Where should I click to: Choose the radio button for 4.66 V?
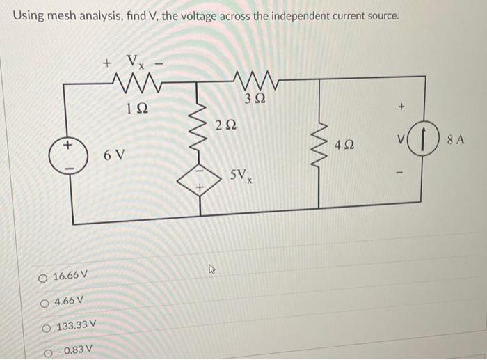[46, 301]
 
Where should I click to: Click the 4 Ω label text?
[344, 146]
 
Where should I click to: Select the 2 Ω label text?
[226, 125]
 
